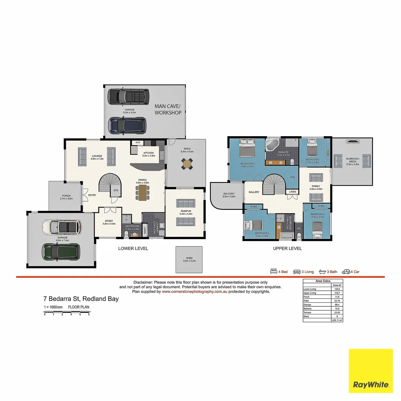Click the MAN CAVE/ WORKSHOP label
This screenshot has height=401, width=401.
(x=168, y=109)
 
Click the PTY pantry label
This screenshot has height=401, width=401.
(x=138, y=143)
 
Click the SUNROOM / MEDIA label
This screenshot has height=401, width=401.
(x=351, y=160)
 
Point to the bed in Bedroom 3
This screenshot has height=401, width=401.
(x=318, y=229)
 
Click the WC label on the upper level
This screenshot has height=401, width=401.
(x=299, y=229)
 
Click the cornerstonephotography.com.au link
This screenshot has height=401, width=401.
(x=194, y=292)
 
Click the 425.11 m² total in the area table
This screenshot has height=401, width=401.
(x=337, y=320)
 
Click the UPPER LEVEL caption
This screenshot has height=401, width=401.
(x=287, y=248)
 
